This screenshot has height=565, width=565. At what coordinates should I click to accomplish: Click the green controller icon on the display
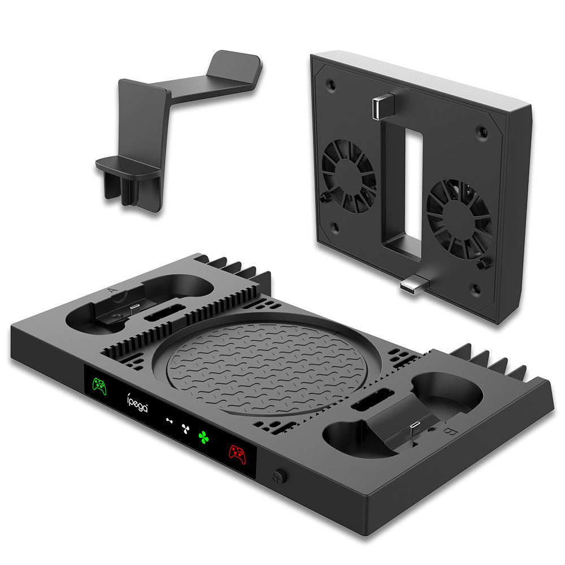pos(99,386)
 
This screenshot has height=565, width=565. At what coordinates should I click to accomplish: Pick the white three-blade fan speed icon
pos(184,427)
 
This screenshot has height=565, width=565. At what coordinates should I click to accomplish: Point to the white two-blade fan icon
pos(168,420)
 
